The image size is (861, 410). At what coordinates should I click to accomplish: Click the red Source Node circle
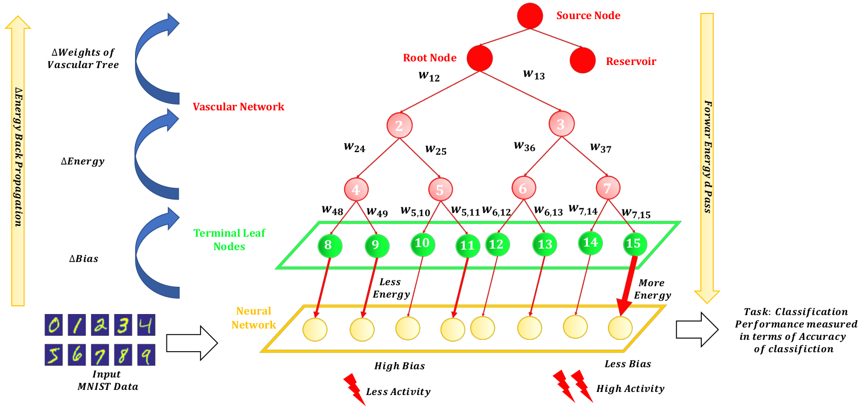click(x=530, y=15)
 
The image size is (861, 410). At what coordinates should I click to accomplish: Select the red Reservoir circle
click(x=583, y=60)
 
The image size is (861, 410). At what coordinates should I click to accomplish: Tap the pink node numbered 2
click(x=399, y=125)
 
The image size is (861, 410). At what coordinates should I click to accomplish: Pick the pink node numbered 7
click(x=607, y=188)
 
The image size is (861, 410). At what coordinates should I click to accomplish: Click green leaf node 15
click(x=633, y=244)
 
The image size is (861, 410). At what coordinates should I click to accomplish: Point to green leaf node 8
click(x=329, y=245)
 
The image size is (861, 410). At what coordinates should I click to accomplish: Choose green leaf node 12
click(x=497, y=244)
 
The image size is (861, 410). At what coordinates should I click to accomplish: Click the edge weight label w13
click(x=534, y=75)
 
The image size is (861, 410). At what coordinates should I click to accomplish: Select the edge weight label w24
click(x=354, y=147)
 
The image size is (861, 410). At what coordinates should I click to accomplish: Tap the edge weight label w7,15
click(x=636, y=213)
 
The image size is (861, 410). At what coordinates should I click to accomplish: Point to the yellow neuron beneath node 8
click(x=315, y=330)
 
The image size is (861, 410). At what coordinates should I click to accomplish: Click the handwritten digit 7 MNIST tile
click(x=99, y=355)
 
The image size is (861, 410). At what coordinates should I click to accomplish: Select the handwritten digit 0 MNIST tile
click(x=54, y=325)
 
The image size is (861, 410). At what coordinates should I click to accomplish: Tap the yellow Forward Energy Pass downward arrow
click(x=707, y=155)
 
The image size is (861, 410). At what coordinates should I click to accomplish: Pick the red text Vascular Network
click(x=238, y=107)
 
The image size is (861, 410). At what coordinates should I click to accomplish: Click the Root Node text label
click(x=429, y=58)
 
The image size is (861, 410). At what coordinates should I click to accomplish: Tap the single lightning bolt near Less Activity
click(x=353, y=388)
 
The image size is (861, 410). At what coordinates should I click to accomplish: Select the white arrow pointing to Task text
click(x=697, y=329)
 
